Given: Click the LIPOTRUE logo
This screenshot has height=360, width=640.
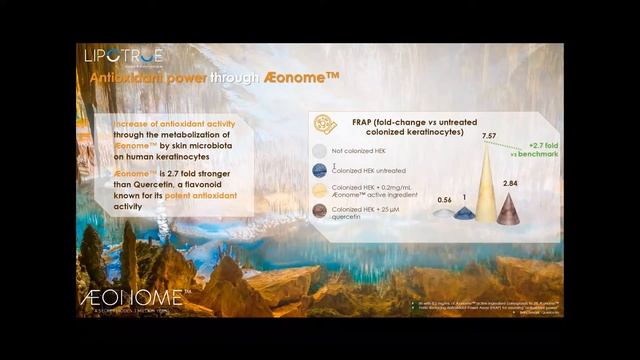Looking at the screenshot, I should [x=124, y=56].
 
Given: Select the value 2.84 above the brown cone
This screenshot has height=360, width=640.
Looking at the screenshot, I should [x=509, y=184].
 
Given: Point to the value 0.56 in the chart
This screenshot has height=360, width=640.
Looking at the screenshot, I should [x=445, y=200].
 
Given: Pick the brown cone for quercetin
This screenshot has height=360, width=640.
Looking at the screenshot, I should [x=508, y=209].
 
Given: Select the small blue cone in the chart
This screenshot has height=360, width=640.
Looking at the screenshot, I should [x=465, y=213].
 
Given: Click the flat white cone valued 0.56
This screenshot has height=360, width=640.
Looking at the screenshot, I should [x=444, y=213].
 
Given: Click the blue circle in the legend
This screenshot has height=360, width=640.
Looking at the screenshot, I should [x=320, y=170].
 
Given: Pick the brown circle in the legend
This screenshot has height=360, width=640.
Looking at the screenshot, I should [x=320, y=211].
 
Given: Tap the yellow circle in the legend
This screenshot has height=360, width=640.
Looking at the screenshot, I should [x=320, y=190].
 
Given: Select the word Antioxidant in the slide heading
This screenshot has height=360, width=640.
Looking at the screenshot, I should [x=125, y=78].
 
